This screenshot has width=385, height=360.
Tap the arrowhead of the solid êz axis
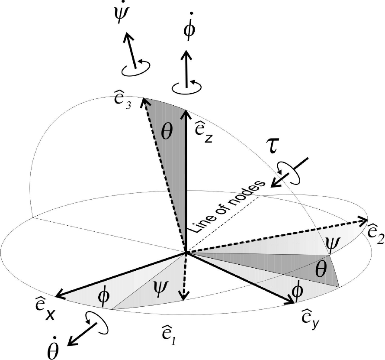[186, 114]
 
